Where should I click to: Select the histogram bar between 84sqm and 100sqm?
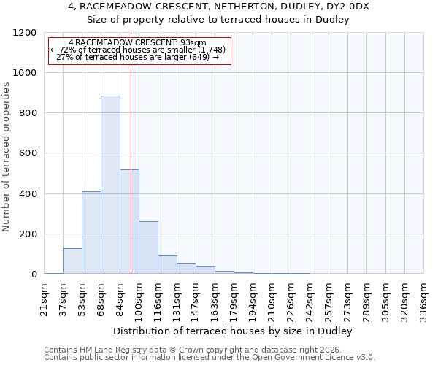[x=129, y=222]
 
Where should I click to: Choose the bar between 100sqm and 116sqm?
[x=148, y=247]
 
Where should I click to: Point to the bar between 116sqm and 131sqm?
[x=167, y=265]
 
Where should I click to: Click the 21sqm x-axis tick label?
[x=45, y=298]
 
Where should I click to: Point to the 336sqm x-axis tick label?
[x=423, y=298]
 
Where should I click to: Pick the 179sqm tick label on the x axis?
[x=234, y=298]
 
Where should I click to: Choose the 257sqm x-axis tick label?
[x=328, y=298]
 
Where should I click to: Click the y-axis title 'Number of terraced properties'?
[x=7, y=157]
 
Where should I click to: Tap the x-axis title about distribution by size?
[x=234, y=331]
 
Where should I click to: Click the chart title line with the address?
[x=219, y=7]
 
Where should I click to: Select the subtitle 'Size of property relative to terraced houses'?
[x=219, y=20]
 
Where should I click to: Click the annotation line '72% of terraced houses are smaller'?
[x=139, y=50]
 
